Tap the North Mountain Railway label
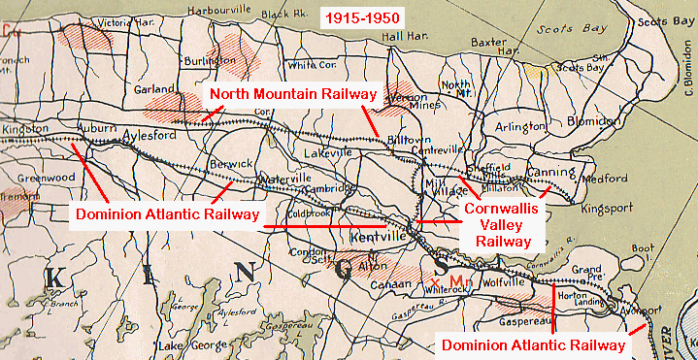tap(293, 94)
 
